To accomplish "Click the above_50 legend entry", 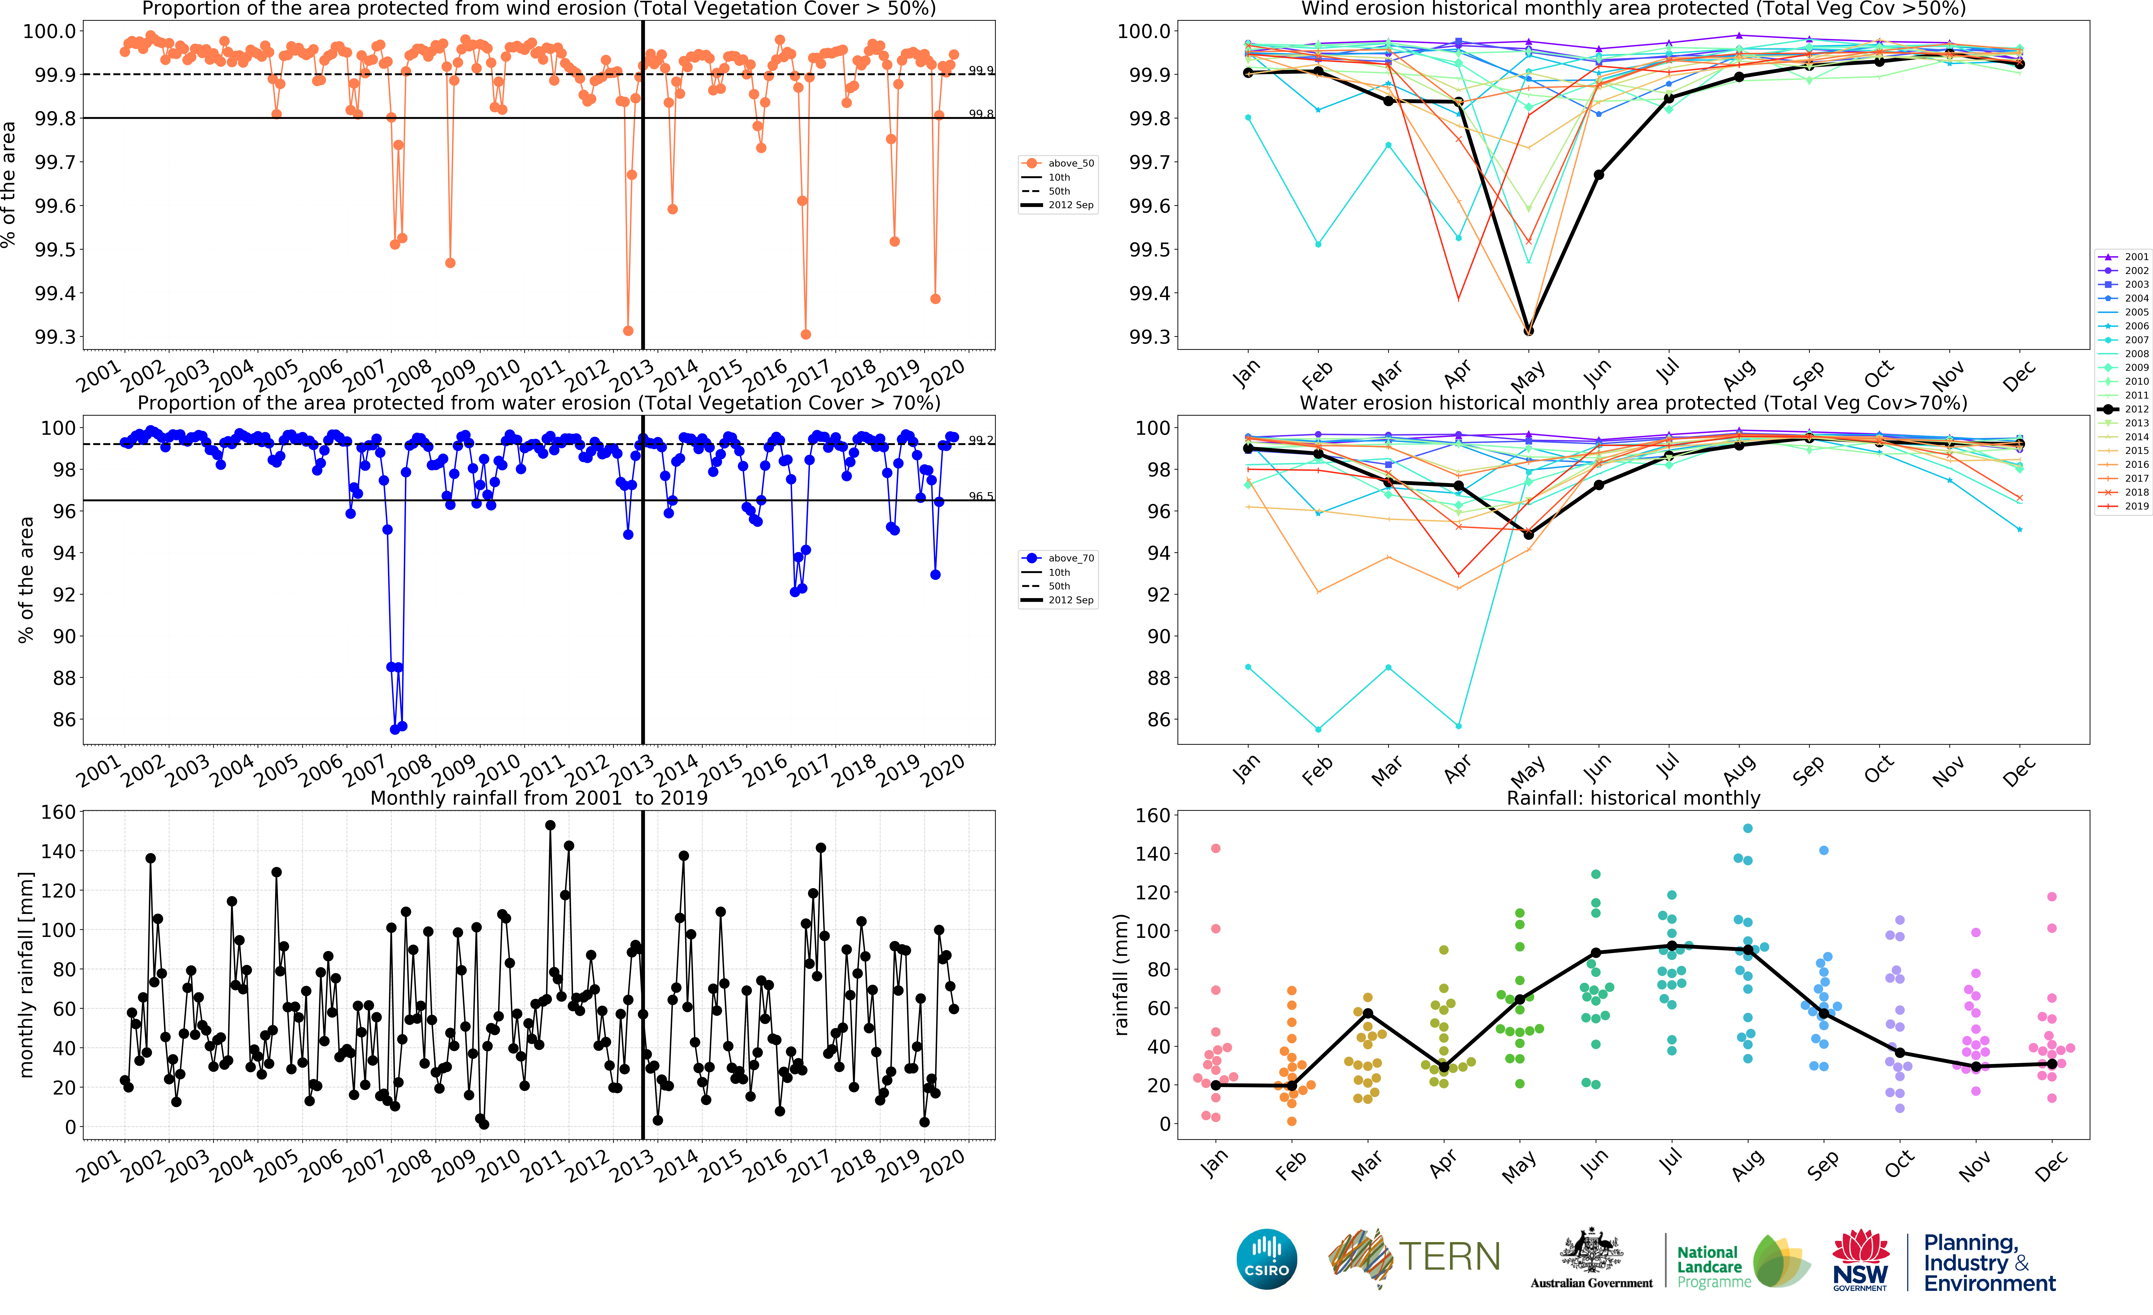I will click(x=1059, y=163).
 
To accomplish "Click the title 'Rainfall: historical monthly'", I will click(x=1633, y=798).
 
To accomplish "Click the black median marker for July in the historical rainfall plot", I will click(x=1672, y=945).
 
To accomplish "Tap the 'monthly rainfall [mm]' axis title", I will click(x=26, y=974).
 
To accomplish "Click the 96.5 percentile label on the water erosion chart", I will click(x=980, y=496).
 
